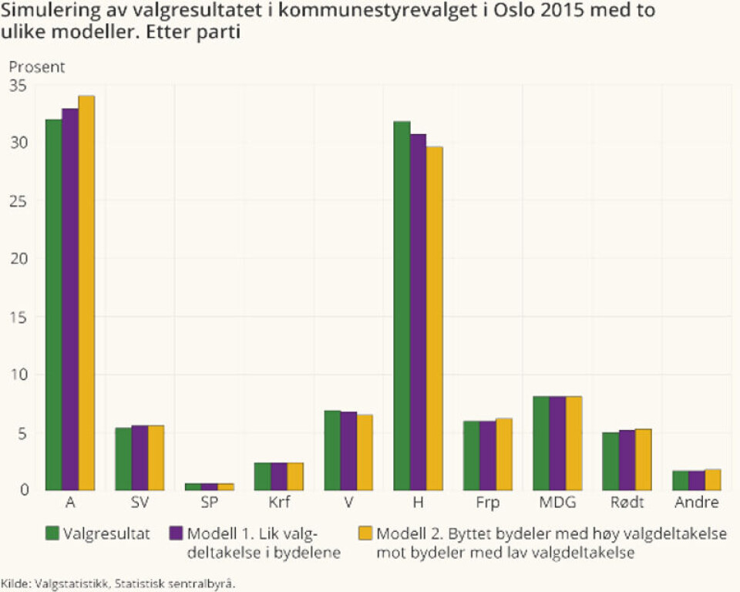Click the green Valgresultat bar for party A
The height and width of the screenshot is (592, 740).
coord(54,304)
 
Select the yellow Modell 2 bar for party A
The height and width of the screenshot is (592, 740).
coord(86,293)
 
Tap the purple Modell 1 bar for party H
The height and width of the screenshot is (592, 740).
coord(418,312)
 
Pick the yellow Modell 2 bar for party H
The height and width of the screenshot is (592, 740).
coord(434,318)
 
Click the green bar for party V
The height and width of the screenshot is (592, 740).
coord(332,450)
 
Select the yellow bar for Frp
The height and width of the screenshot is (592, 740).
coord(503,454)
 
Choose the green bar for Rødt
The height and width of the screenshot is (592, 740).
coord(610,461)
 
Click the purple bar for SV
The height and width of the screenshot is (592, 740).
coord(140,458)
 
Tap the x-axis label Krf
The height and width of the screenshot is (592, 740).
coord(279,503)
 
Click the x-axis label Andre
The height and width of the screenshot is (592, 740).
coord(696,503)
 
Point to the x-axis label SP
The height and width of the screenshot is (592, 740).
coord(210,503)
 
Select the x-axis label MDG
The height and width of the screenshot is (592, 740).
coord(557,503)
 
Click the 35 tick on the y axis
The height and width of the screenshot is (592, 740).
coord(18,86)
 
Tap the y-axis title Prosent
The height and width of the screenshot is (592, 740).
coord(37,67)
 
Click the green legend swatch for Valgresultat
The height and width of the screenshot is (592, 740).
coord(53,533)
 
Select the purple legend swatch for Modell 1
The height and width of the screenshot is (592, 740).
coord(175,533)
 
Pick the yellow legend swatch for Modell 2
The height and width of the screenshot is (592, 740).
coord(365,533)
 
